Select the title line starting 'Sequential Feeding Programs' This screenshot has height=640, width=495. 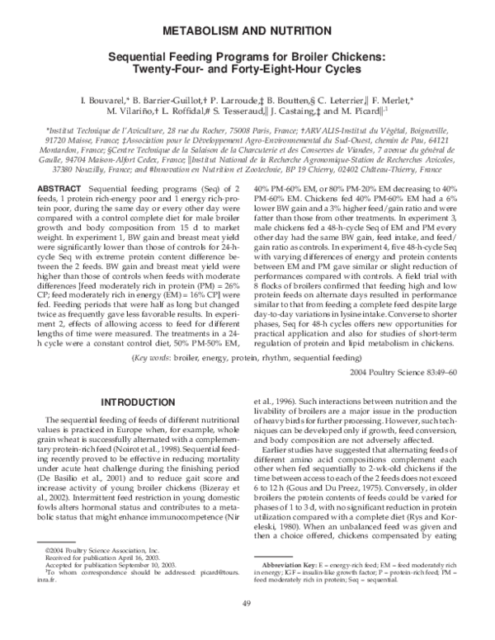click(247, 57)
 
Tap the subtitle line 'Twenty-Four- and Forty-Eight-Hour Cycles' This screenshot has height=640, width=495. click(247, 69)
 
